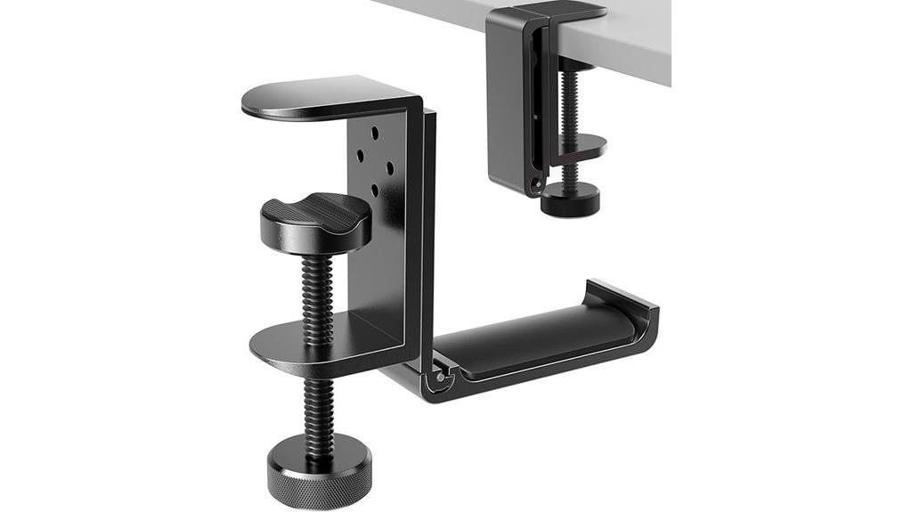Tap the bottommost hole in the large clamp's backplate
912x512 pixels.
374,189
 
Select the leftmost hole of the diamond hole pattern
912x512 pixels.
360,153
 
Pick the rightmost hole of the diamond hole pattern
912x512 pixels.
388,167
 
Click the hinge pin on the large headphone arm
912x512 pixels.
439,378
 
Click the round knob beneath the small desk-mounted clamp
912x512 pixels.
570,198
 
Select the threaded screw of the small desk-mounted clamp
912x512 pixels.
568,102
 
